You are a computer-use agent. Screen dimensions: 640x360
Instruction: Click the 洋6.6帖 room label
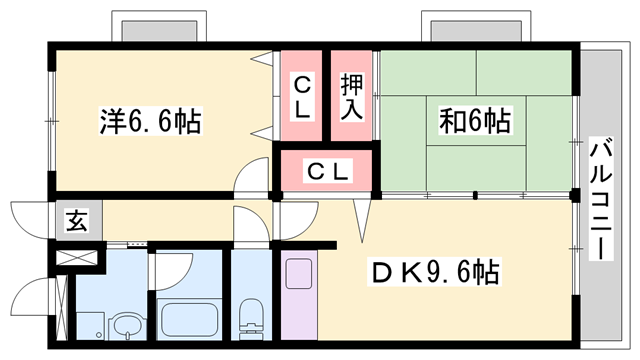150,122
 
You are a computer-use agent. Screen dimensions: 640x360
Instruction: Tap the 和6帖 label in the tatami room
475,122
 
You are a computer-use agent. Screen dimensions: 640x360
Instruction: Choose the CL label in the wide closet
328,171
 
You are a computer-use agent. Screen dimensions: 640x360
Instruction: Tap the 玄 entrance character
77,221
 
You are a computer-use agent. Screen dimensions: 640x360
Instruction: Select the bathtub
190,319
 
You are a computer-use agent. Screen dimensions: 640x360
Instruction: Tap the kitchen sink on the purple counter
299,271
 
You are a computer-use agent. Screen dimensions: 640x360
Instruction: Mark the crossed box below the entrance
76,256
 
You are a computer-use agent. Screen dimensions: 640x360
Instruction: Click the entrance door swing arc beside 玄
30,219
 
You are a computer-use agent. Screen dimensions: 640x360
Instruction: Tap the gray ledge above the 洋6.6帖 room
162,27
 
